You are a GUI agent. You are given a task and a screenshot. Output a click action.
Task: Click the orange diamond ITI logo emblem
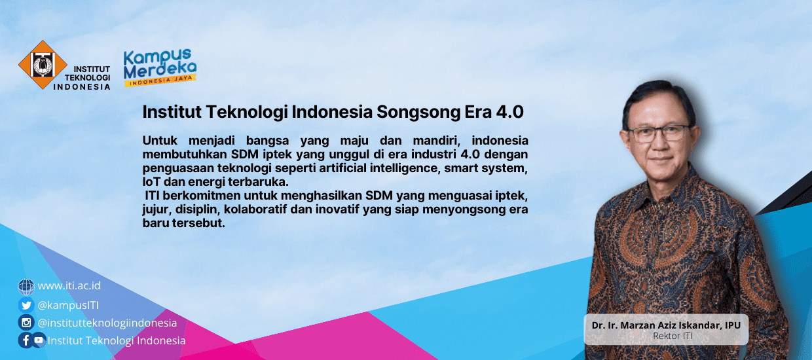[43, 64]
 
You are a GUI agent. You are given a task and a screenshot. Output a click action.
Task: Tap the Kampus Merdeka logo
[160, 66]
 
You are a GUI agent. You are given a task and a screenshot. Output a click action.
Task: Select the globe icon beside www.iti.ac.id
[26, 287]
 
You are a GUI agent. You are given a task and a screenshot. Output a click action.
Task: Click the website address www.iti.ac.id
[69, 286]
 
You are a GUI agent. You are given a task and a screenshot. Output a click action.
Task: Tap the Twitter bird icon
[26, 305]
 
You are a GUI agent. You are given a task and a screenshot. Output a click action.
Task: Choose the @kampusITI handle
[68, 304]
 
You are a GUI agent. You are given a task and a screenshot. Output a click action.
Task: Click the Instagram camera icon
[26, 323]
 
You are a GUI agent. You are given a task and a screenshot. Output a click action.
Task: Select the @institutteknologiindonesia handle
[107, 323]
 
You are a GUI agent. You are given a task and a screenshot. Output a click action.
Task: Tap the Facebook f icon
[26, 340]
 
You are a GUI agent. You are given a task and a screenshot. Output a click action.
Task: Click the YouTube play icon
[39, 340]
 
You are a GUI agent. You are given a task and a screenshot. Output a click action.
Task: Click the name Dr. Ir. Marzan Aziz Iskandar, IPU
[665, 325]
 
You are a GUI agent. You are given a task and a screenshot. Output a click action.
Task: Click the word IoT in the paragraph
[151, 181]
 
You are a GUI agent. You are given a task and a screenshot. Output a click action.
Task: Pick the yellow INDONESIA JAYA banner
[160, 81]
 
